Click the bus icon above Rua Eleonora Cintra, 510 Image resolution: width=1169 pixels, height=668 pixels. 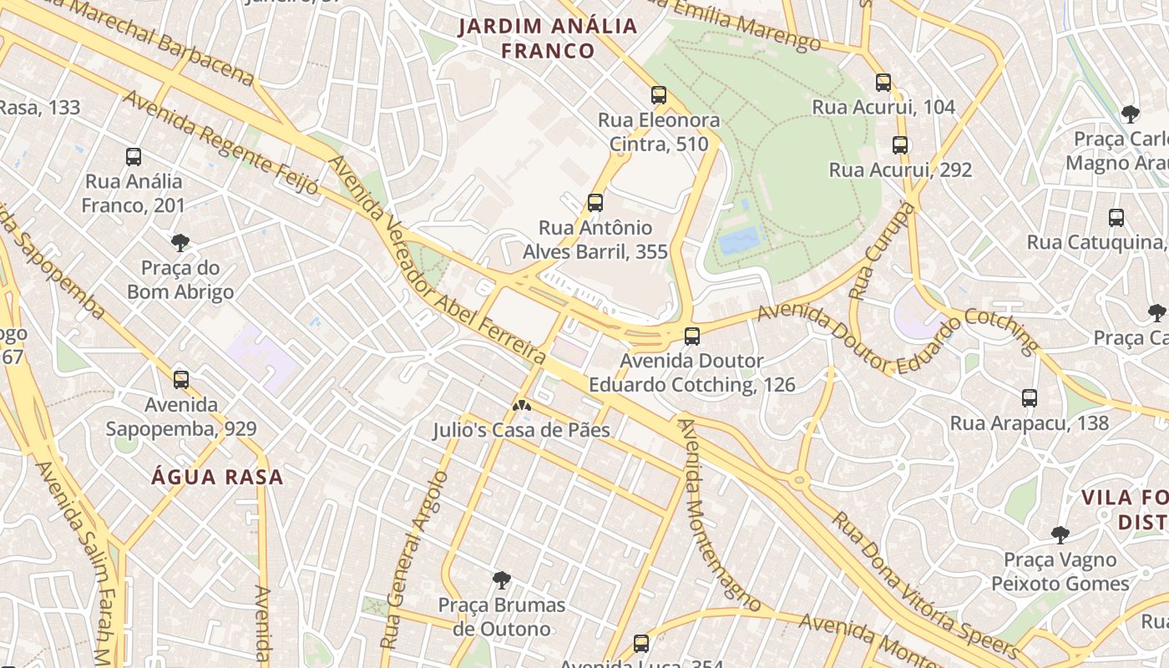pos(659,95)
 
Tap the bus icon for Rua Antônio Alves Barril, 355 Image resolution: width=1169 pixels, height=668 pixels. pos(595,202)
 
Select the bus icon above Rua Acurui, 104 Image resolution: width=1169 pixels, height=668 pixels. pos(883,82)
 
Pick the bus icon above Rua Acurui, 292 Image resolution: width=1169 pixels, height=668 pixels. pos(899,145)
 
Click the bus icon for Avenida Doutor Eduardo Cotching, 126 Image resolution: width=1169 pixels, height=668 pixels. pos(691,337)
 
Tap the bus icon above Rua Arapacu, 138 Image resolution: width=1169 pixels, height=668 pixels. pos(1029,398)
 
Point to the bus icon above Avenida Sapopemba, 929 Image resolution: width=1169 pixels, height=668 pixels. pos(180,380)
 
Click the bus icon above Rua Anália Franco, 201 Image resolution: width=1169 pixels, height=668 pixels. pos(133,156)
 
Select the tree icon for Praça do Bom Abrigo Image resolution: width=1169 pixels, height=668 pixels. pos(180,243)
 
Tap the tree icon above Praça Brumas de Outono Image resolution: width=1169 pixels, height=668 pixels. pos(501,579)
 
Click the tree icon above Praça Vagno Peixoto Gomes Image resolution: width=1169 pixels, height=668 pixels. pos(1060,534)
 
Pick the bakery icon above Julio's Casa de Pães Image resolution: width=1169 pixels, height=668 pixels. pos(522,406)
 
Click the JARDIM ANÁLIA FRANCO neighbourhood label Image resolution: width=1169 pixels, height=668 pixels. pos(548,38)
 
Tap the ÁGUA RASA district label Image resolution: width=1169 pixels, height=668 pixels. pos(217,478)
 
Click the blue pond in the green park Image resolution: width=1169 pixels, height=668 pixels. pos(739,240)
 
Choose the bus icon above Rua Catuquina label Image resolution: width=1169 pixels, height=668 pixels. pos(1116,218)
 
